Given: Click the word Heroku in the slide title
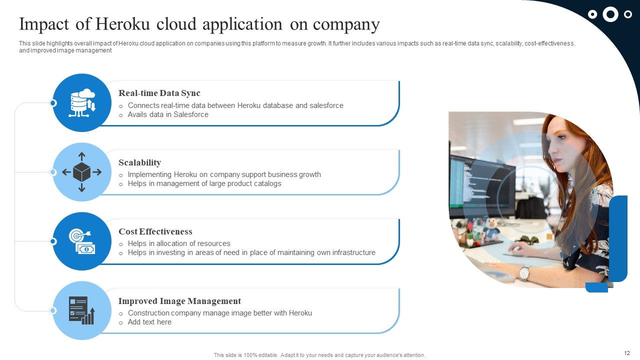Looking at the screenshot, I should [x=123, y=24].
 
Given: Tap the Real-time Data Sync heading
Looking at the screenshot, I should [x=159, y=93].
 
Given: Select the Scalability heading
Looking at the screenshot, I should [x=139, y=162].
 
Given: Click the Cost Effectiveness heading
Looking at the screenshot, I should [x=155, y=231].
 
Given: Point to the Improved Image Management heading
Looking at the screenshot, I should [x=179, y=301].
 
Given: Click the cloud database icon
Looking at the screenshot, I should [x=82, y=102].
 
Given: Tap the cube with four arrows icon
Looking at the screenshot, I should [x=82, y=172].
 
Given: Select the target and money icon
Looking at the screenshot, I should [x=82, y=241].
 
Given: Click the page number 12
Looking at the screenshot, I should [x=627, y=353].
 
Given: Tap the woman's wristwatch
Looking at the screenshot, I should [x=524, y=273].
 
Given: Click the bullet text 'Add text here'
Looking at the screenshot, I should [x=149, y=322].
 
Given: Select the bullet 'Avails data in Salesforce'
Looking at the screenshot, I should [x=168, y=114].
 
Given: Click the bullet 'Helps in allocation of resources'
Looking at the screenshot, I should [x=179, y=243].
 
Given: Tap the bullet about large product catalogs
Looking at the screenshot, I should [x=204, y=183].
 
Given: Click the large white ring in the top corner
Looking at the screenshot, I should [x=610, y=14].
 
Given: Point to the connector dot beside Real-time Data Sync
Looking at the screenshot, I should [x=53, y=103].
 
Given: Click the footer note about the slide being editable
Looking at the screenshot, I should [x=319, y=355].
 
